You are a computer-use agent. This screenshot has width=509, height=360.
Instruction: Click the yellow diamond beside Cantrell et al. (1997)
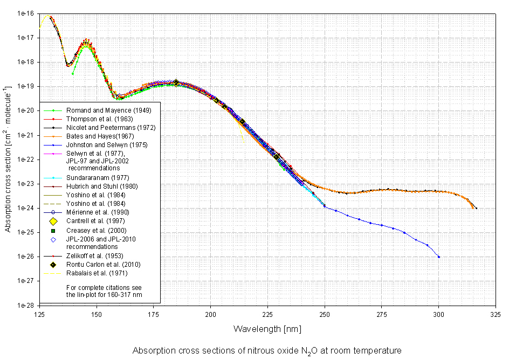pos(53,221)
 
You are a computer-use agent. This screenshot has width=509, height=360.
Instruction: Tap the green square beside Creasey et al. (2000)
pos(53,231)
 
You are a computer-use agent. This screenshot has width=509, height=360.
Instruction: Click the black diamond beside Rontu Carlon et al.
pos(53,265)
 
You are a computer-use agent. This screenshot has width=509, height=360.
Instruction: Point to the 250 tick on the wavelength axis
pos(325,313)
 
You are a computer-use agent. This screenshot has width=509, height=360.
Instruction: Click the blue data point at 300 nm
pos(439,257)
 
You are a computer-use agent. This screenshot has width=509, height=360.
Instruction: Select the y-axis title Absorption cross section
pos(8,159)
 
